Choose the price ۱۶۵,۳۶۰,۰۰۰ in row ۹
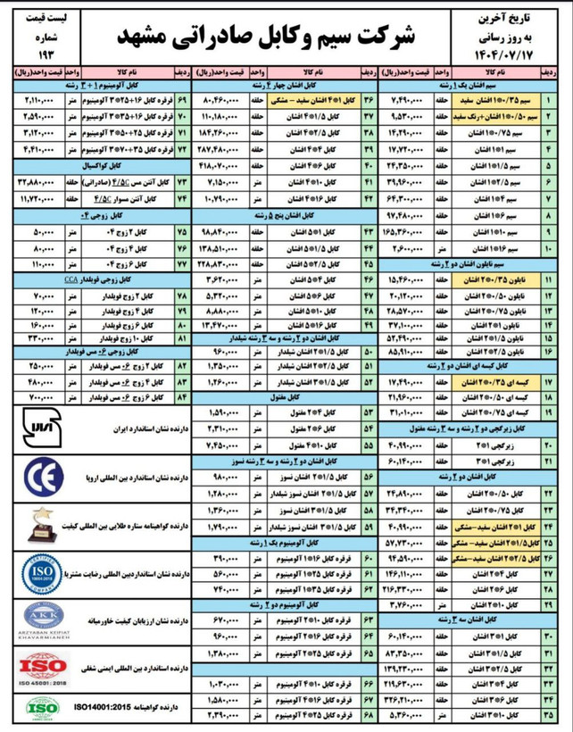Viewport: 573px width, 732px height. (409, 230)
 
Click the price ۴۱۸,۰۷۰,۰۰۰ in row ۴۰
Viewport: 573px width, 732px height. (218, 166)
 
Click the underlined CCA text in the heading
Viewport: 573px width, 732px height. (71, 279)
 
